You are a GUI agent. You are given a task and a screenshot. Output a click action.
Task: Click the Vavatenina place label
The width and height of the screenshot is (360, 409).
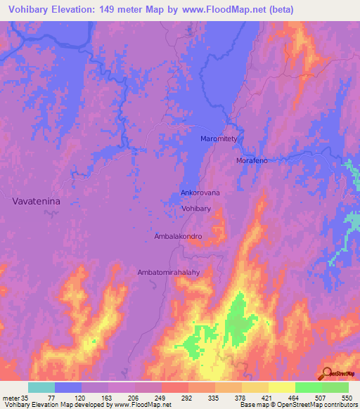click(37, 201)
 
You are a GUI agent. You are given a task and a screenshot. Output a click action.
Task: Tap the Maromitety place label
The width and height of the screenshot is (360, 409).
click(221, 139)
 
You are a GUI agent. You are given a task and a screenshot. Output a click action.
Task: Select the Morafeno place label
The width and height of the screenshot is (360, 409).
click(252, 161)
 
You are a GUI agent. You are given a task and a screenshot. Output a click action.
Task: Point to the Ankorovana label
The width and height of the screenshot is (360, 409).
click(200, 193)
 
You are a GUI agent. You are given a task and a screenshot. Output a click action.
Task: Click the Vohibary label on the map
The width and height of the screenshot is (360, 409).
click(196, 209)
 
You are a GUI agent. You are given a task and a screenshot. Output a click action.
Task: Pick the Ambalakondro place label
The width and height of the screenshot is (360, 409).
click(178, 237)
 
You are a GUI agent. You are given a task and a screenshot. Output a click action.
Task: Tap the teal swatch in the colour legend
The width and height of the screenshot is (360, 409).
click(41, 387)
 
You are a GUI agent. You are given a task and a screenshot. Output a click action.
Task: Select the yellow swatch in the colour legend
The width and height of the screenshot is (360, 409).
click(281, 387)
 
